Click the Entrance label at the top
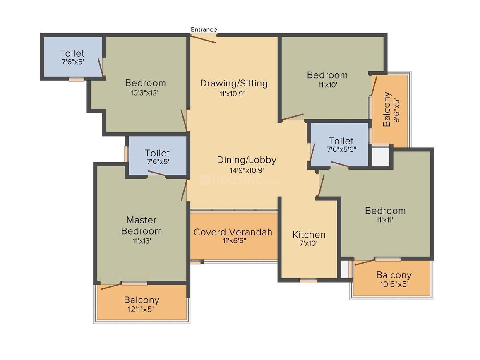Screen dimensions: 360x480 [x=204, y=29]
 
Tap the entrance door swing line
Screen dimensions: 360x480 [x=203, y=38]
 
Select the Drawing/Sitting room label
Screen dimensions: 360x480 [x=234, y=83]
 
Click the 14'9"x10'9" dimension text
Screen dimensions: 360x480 [x=247, y=170]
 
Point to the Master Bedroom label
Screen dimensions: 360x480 [x=142, y=226]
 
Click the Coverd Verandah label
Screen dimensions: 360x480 [x=233, y=232]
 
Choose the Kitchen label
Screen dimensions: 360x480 [x=309, y=235]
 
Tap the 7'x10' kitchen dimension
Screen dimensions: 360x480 [x=309, y=244]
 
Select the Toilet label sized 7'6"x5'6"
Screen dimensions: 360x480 [x=341, y=141]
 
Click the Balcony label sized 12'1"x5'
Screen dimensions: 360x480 [x=142, y=300]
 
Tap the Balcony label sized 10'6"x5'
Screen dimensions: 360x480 [x=394, y=275]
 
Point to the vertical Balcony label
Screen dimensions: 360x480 [x=387, y=109]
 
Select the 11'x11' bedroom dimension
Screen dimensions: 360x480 [x=385, y=220]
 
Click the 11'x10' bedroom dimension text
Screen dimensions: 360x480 [x=327, y=85]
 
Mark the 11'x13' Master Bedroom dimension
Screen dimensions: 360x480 [x=141, y=241]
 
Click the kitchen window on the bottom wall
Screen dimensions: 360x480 [x=308, y=281]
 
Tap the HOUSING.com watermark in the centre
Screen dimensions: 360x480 [x=240, y=180]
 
